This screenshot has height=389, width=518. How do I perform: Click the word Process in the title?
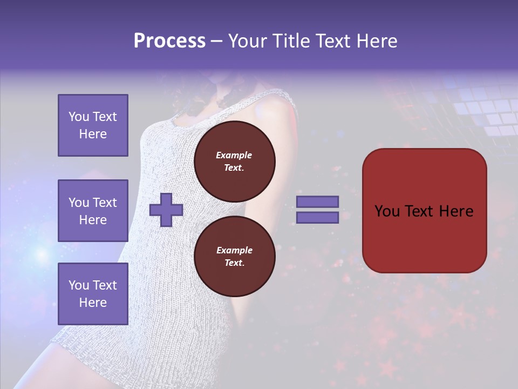click(169, 41)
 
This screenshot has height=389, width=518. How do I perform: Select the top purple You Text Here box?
click(93, 125)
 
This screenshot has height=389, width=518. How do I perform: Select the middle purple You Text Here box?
click(93, 211)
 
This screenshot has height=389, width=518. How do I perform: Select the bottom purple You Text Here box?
click(93, 293)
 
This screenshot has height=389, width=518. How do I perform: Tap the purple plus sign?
click(166, 210)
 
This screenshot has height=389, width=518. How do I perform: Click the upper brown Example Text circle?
click(234, 162)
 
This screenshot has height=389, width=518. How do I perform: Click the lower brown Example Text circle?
click(234, 257)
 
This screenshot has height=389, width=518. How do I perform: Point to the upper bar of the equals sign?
click(317, 202)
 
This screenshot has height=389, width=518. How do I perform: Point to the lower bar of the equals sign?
click(317, 218)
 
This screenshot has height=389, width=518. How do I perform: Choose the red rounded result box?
click(424, 210)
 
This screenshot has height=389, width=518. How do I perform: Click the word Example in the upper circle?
click(234, 155)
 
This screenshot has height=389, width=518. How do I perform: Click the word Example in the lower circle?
click(234, 250)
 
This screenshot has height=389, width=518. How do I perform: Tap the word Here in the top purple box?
click(93, 134)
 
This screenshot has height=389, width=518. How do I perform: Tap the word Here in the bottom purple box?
click(93, 303)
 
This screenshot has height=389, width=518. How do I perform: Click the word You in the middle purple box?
click(79, 203)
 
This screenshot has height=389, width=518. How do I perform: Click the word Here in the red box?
click(456, 211)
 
